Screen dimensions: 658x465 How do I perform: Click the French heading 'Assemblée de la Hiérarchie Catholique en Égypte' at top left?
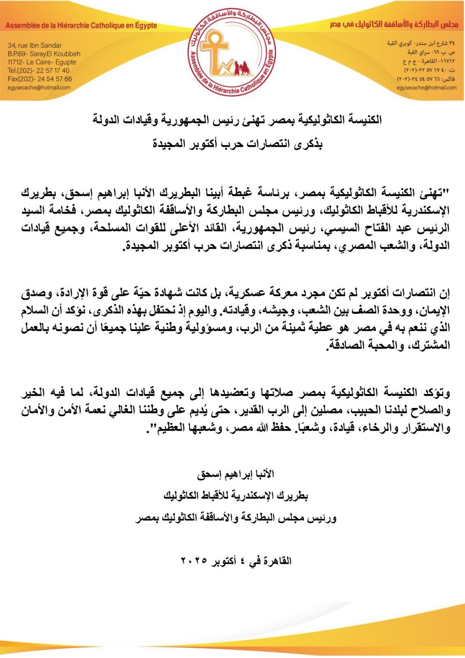[81, 25]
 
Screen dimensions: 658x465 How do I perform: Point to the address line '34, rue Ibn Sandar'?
[35, 45]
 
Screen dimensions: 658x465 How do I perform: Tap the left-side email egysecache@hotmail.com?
[39, 87]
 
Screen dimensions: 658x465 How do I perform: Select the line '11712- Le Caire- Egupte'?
[42, 62]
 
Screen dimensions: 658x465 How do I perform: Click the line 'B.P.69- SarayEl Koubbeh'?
[44, 53]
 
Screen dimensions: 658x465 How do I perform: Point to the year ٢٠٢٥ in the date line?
[193, 561]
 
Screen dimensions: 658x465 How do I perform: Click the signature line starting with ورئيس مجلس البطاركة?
[236, 518]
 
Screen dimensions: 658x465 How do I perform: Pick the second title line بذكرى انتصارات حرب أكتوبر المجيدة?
[238, 145]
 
